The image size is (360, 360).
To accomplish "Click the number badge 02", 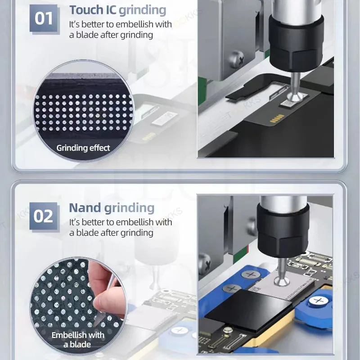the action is pos(44,216).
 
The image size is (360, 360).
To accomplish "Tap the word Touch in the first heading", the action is pos(86,10).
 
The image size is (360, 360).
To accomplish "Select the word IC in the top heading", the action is pos(111,10).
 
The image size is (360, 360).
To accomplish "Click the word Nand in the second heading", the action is pos(85,208).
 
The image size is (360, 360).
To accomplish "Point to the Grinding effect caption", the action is pos(83,148).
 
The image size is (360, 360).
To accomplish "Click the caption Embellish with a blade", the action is pos(78,340).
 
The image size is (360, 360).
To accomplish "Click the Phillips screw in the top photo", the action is pos(237,60).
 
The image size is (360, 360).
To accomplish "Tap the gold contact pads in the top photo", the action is pos(277,118).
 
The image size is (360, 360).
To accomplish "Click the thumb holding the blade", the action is pos(102,303).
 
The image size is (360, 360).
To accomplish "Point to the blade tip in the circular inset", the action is pos(94,325).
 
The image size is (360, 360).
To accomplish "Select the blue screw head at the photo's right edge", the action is pos(319,300).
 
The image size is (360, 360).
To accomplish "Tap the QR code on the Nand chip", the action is pos(253,289).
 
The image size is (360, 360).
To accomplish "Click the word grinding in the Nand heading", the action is pos(129,208).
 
